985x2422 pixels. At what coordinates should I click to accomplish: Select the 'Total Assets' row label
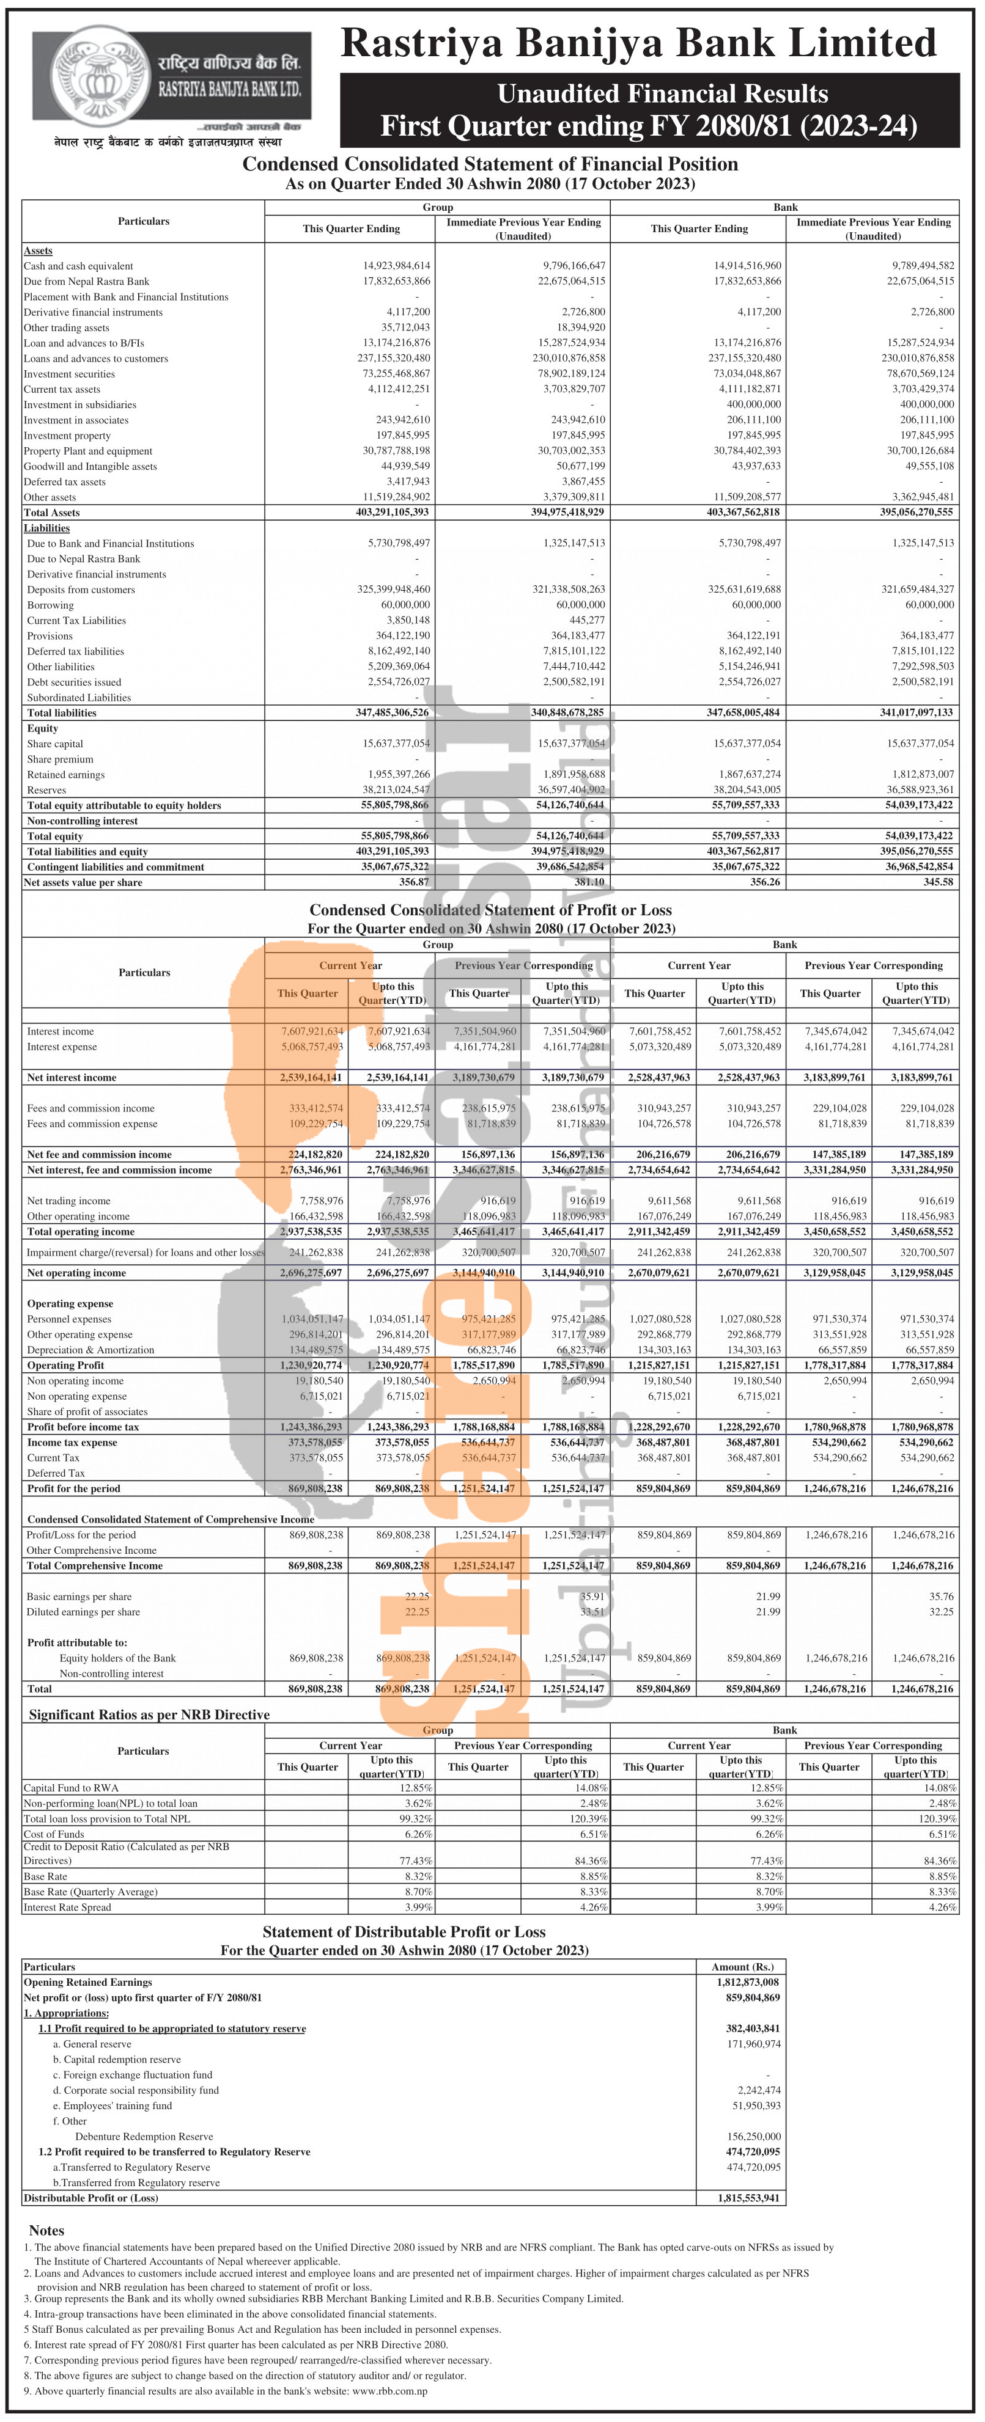tap(52, 513)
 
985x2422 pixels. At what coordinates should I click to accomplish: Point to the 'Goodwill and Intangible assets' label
tap(90, 466)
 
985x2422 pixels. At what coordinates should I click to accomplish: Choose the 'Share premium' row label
tap(60, 759)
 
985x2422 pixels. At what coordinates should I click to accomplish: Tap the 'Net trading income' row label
tap(68, 1201)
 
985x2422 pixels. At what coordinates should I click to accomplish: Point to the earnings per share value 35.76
tap(941, 1597)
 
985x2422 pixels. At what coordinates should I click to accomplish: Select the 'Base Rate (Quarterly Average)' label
tap(90, 1892)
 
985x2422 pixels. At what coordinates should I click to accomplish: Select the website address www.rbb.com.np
tap(389, 2390)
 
